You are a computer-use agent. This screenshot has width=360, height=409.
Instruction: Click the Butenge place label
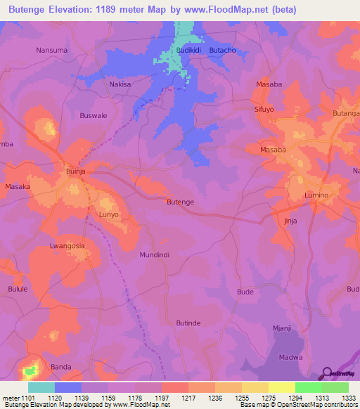pos(180,202)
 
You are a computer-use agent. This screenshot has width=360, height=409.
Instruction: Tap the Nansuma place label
pos(51,51)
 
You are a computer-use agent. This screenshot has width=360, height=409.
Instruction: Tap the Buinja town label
pos(75,171)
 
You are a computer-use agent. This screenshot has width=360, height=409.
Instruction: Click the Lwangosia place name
pos(67,246)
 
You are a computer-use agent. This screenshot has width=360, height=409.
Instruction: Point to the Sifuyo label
pos(264,110)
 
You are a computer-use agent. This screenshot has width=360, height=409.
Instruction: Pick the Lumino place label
pos(317,195)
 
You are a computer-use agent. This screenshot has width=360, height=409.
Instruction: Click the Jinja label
pos(290,221)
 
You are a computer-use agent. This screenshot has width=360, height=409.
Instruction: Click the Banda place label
pos(61,367)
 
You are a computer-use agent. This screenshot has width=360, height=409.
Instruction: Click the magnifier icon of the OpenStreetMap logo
pos(326,372)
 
